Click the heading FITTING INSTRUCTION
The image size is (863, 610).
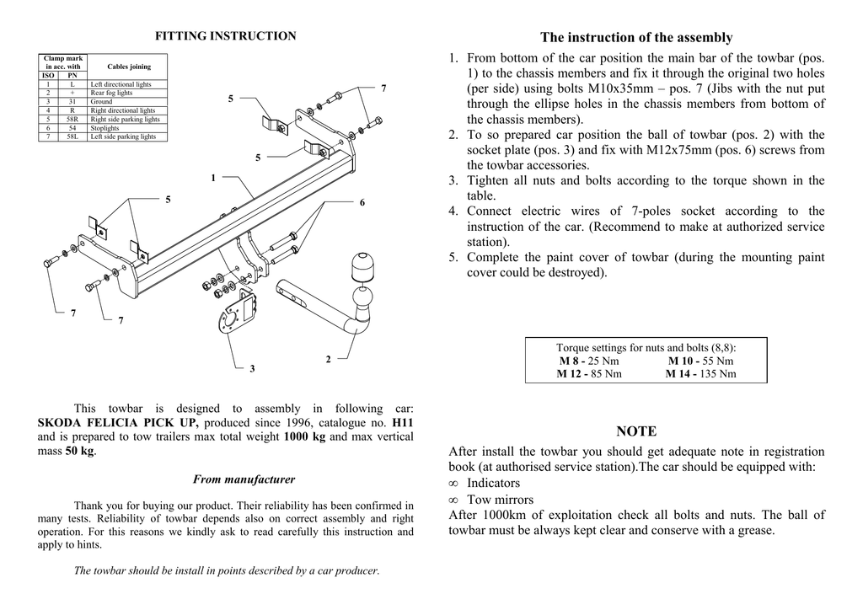click(225, 36)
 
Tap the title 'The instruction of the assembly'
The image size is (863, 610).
click(636, 37)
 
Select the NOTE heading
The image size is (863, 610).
click(636, 431)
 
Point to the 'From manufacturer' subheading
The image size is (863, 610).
click(244, 479)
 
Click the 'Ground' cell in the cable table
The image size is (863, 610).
click(101, 102)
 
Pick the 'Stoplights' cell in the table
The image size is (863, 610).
click(105, 127)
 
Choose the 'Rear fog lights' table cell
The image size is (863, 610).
click(111, 94)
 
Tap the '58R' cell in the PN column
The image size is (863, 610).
click(72, 119)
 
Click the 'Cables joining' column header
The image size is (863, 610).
click(129, 67)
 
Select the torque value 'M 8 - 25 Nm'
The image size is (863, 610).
click(588, 361)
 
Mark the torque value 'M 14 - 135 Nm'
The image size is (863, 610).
click(700, 373)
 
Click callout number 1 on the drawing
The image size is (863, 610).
click(213, 178)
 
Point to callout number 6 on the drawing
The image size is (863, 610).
click(362, 203)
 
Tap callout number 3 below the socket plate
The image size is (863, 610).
click(252, 369)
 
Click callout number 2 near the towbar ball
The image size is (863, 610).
click(328, 360)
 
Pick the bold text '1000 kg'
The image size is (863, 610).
click(304, 436)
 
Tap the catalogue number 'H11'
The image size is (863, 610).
click(403, 422)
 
